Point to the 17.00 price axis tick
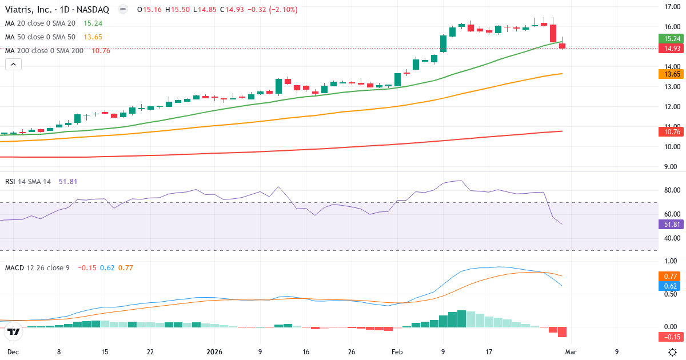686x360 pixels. [x=671, y=7]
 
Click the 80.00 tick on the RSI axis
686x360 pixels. [x=671, y=190]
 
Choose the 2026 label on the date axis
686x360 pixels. [x=215, y=352]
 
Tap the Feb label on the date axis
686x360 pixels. [x=398, y=352]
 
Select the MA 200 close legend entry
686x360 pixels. [x=44, y=51]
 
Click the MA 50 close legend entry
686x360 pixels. [x=40, y=37]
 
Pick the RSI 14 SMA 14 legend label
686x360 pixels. [x=28, y=181]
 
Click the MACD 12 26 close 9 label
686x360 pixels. [x=37, y=267]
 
